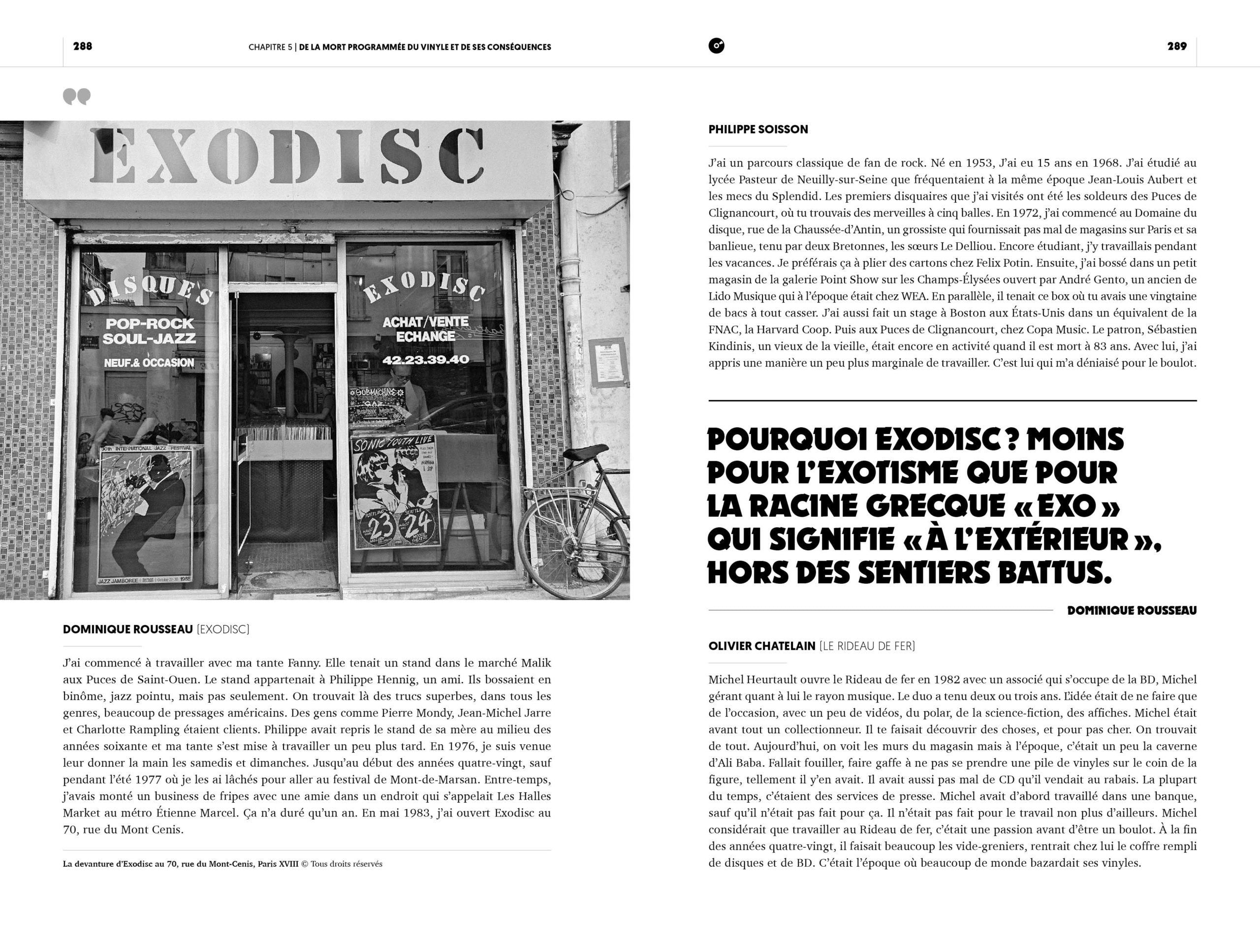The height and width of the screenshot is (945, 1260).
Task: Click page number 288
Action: tap(83, 46)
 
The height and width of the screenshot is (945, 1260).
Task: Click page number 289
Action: tap(1177, 46)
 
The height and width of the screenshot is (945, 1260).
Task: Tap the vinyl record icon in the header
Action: tap(717, 46)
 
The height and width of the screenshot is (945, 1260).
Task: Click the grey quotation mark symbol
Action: tap(77, 97)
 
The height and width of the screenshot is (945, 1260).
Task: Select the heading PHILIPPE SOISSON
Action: tap(758, 129)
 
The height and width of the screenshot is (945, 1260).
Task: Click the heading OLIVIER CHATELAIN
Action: tap(761, 646)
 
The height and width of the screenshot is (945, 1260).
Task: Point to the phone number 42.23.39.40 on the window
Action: tap(426, 359)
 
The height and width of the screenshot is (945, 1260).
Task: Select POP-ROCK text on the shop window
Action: tap(149, 323)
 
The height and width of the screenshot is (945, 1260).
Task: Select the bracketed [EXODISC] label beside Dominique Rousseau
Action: tap(223, 630)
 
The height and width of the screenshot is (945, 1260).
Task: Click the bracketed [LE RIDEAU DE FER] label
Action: tap(867, 646)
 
